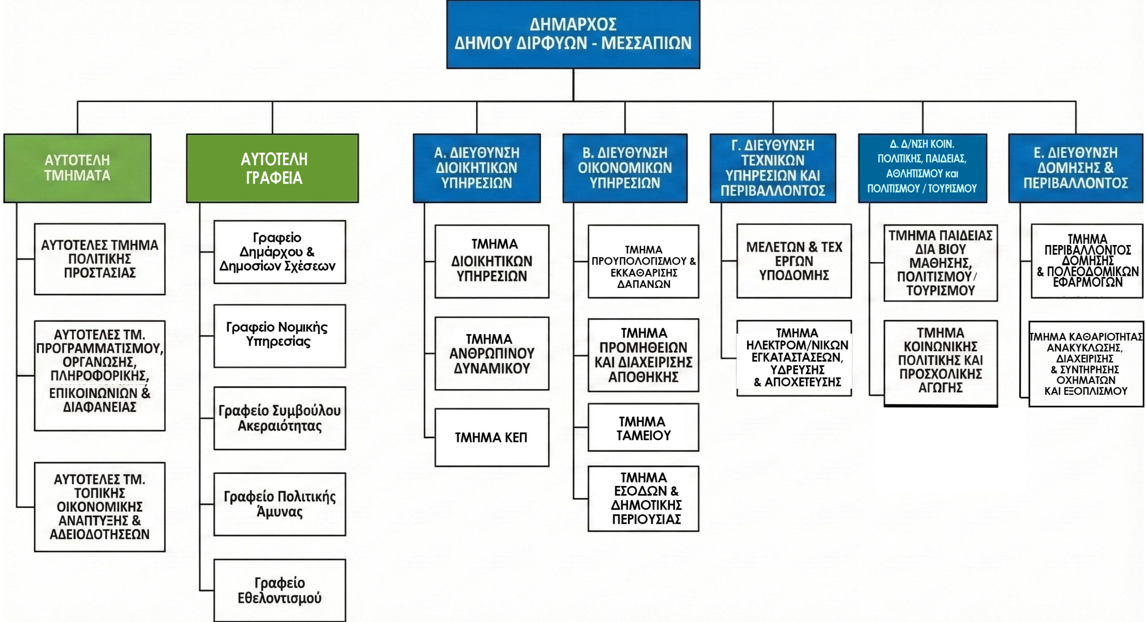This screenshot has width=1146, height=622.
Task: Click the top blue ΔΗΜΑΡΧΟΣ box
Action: coord(573,34)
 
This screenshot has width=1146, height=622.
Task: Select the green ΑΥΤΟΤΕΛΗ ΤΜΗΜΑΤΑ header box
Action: coord(77,168)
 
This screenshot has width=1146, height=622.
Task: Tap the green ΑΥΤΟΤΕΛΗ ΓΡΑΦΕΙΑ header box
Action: coord(273,168)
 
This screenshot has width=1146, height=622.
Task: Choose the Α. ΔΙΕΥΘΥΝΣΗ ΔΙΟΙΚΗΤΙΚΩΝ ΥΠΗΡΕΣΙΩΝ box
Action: coord(477,168)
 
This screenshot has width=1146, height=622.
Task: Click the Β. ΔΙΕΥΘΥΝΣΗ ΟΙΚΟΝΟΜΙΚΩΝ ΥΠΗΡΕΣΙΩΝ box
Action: coord(625,168)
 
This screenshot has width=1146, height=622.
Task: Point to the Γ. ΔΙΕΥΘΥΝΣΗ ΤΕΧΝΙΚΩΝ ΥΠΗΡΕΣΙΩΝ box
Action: coord(773,168)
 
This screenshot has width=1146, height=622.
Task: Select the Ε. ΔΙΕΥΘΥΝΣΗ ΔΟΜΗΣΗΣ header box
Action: coord(1076,168)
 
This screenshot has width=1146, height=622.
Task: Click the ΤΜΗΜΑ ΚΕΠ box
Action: coord(492,437)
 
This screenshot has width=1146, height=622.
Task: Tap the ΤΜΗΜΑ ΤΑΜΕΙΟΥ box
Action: coord(643,427)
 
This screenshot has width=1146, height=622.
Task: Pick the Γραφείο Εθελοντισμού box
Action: coord(280,590)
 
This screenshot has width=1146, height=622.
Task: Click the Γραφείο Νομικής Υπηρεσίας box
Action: coord(280,336)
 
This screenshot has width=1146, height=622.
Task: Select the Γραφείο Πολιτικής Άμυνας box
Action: coord(280,504)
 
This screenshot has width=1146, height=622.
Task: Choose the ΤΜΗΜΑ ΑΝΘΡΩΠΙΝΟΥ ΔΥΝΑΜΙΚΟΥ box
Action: coord(492,353)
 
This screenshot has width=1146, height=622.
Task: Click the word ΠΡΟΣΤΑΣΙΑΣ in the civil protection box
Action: coord(100,273)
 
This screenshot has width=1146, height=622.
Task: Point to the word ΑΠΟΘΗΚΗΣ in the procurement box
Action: coord(643,377)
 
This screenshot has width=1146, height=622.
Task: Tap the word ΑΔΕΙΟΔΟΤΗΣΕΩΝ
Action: coord(99,534)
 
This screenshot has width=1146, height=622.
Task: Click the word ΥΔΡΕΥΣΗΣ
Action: coord(797,370)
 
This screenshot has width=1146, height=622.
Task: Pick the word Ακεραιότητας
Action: coord(280,425)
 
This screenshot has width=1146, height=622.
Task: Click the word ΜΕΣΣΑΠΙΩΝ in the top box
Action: coord(646,43)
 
